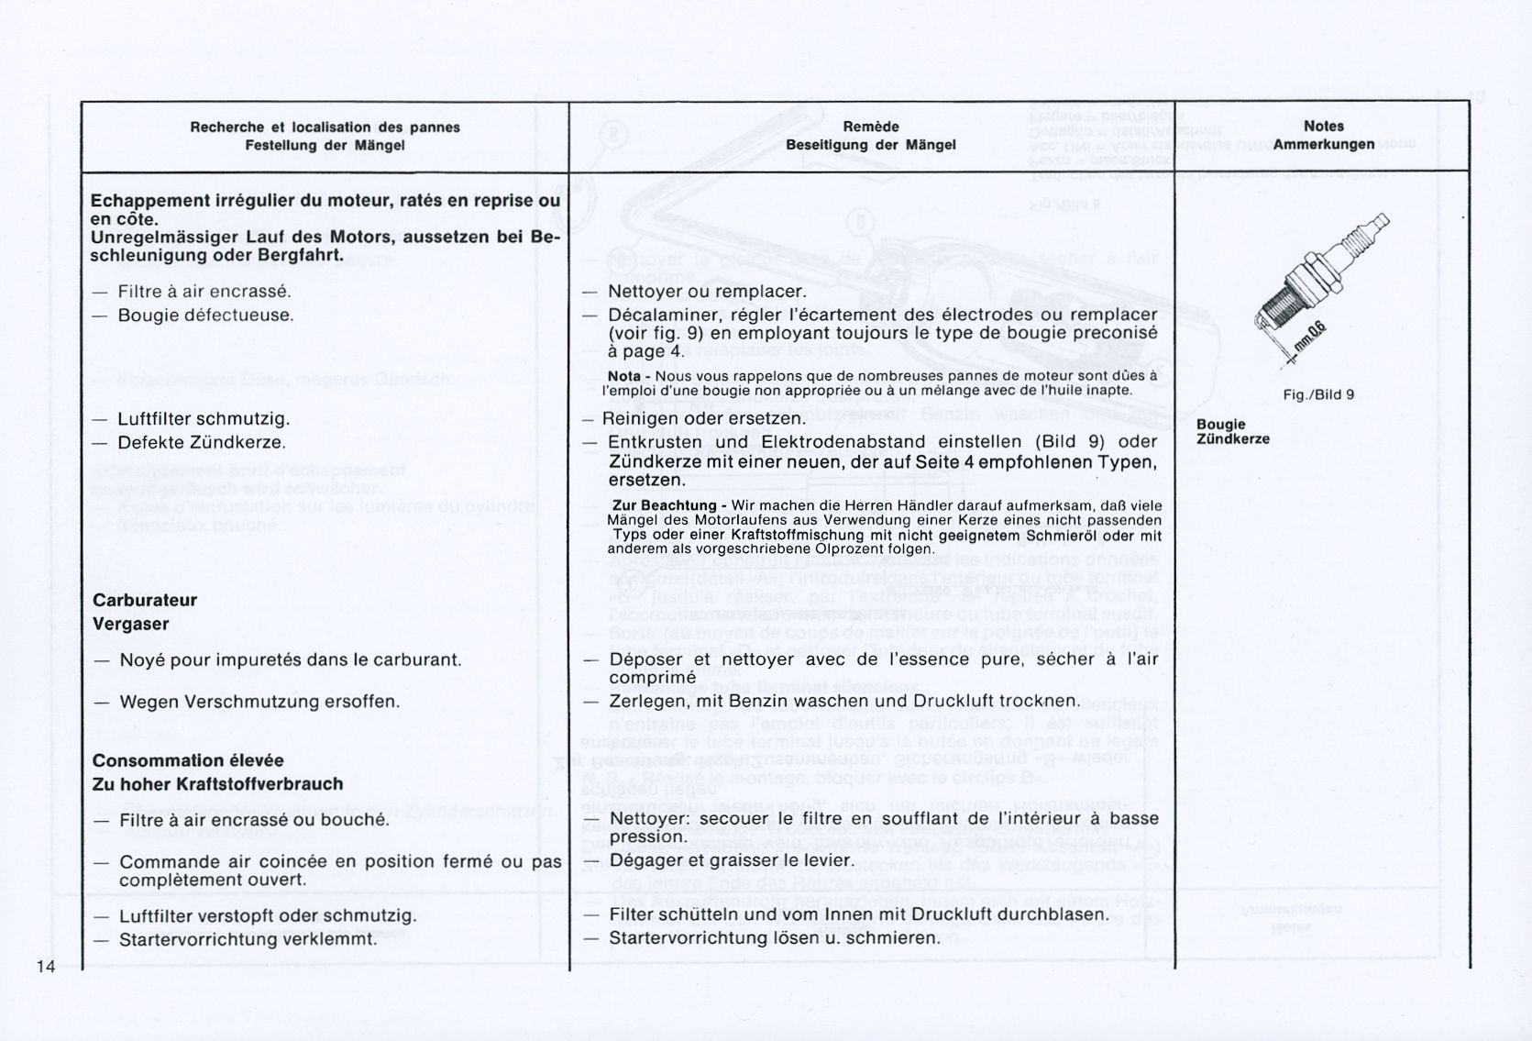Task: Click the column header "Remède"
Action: (870, 127)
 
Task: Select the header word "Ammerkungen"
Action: (1323, 145)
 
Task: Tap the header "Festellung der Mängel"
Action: (325, 145)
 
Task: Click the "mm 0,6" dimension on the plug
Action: (1311, 341)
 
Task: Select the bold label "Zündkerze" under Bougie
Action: (1232, 439)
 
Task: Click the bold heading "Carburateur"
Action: (145, 601)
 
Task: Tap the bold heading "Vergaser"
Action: (130, 625)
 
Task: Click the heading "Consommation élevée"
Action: (188, 760)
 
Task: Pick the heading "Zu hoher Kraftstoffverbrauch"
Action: (217, 784)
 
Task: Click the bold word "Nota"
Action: (623, 376)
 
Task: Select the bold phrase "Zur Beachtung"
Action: (665, 506)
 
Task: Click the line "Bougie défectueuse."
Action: (205, 316)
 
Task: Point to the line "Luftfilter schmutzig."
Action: (204, 419)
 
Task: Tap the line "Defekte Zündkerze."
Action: (202, 442)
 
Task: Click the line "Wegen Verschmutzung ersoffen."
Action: (259, 703)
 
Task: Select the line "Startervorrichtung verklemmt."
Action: (248, 939)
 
